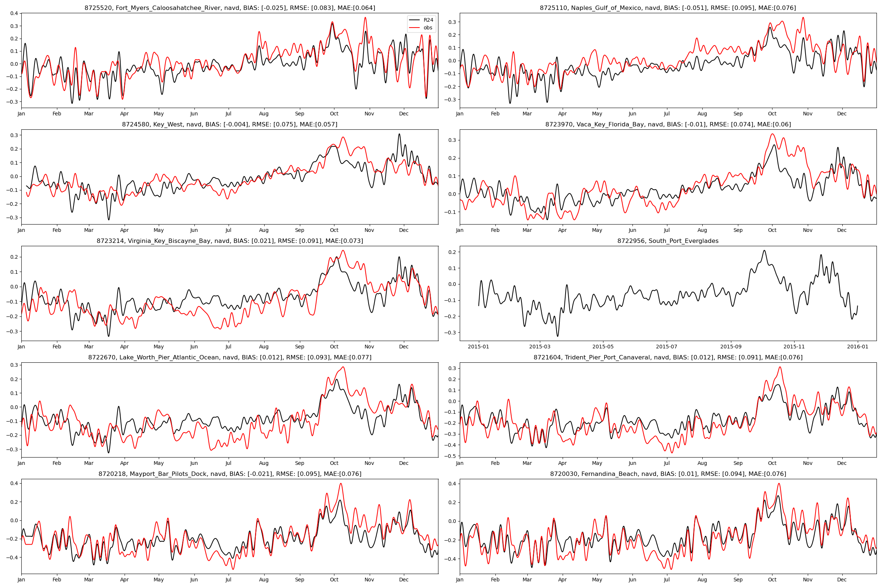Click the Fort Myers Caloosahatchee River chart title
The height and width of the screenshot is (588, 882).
point(229,8)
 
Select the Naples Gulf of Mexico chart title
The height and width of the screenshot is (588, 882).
point(668,8)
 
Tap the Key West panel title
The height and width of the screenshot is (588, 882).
point(229,125)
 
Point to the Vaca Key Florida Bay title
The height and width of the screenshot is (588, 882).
point(668,125)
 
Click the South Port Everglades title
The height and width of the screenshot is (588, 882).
point(668,241)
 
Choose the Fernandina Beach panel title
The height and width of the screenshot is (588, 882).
point(668,474)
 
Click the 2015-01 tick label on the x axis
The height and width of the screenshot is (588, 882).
point(478,347)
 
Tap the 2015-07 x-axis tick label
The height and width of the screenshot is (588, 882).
point(666,347)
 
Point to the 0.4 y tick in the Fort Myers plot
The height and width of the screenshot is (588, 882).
point(14,14)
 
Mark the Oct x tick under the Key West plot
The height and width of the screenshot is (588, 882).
point(334,230)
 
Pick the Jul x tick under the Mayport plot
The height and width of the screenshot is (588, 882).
point(228,580)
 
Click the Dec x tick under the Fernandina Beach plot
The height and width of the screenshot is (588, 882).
point(842,580)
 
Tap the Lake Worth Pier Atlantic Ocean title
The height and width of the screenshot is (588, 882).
point(229,358)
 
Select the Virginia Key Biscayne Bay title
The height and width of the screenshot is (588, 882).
point(229,241)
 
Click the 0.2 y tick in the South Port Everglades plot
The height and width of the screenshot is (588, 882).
point(453,252)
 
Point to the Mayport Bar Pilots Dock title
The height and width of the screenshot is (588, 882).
point(229,474)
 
